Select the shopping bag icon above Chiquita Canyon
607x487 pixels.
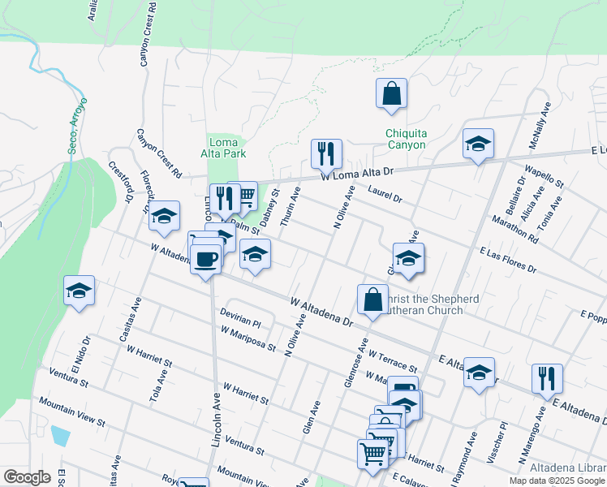coord(391,93)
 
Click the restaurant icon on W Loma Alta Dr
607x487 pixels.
coord(326,153)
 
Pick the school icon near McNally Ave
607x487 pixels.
coord(478,144)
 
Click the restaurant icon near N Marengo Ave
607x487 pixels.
coord(547,378)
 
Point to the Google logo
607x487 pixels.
coord(27,476)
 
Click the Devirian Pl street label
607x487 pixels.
coord(240,317)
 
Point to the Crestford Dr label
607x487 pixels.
coord(121,183)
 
